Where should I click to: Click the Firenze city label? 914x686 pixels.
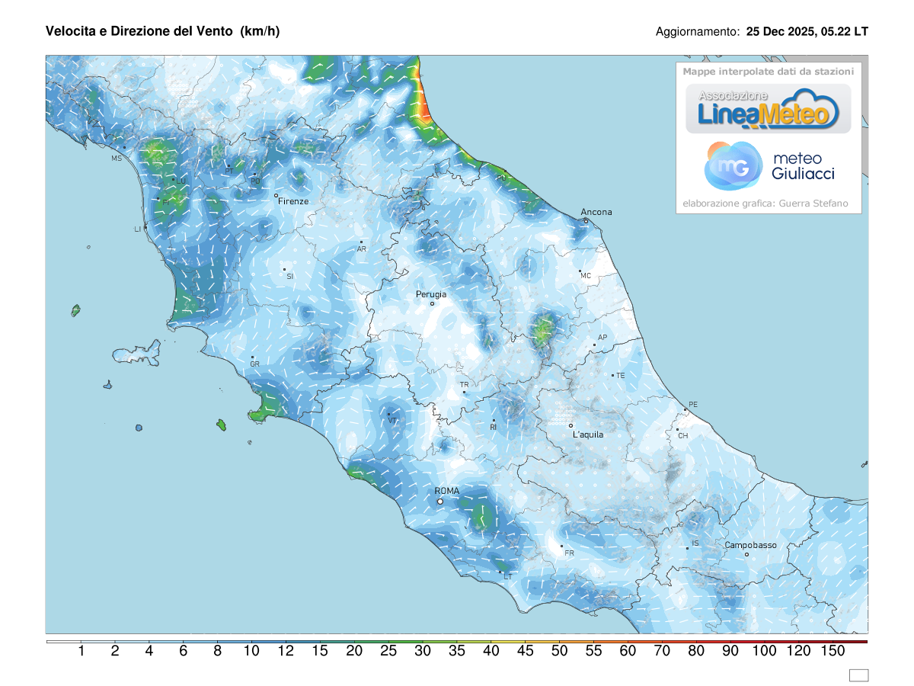[293, 201]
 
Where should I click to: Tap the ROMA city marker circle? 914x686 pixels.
[440, 502]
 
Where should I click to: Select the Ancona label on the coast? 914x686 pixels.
[596, 212]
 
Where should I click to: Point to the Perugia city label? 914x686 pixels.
[431, 293]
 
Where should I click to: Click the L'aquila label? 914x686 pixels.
[587, 434]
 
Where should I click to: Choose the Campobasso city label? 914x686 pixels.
[750, 545]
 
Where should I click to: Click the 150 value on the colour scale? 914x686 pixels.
[833, 651]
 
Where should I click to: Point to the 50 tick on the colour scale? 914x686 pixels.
[559, 651]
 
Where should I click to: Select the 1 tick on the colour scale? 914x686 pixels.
[81, 651]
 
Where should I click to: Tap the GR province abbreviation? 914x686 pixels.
[255, 364]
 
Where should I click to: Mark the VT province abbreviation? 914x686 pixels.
[392, 421]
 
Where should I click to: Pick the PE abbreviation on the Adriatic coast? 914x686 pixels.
[692, 404]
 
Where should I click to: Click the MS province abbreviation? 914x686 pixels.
[117, 159]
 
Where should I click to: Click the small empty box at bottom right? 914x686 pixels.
[858, 675]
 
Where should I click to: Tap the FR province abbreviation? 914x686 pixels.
[569, 553]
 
